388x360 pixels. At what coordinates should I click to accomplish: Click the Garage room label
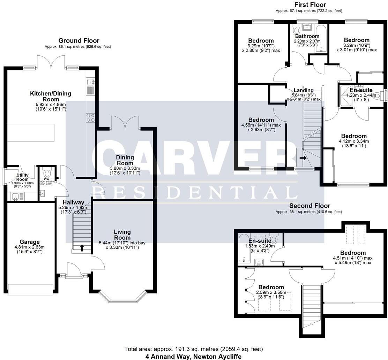coord(29,242)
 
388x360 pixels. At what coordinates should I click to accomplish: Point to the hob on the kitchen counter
coord(90,118)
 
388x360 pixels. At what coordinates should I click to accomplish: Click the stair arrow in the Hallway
coord(82,248)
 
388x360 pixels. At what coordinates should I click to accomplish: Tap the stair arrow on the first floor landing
coord(302,158)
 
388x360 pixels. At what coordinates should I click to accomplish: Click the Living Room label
coord(122,235)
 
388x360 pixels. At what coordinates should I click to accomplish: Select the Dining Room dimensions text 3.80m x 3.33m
coord(125,168)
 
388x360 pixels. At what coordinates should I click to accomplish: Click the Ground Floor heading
coord(79,41)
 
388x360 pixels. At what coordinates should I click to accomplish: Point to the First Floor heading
coord(310,5)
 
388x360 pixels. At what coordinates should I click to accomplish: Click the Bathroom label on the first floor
coord(307,36)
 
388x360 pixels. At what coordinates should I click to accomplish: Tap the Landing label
coord(303,90)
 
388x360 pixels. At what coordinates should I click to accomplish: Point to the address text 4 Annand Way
coord(194,357)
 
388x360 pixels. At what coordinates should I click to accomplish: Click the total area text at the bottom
coord(194,349)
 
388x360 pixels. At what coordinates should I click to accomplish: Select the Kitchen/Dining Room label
coord(50,96)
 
